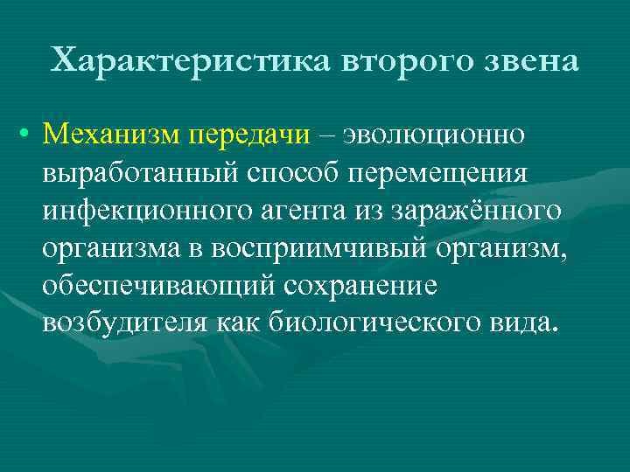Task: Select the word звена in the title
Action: tap(534, 61)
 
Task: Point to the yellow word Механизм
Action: tap(111, 135)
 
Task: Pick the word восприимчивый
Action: tap(322, 248)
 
